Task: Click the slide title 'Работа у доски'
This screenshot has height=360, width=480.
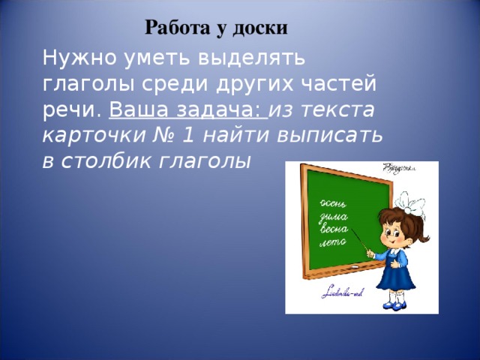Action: pyautogui.click(x=216, y=28)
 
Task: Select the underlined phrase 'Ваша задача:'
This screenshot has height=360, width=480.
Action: pyautogui.click(x=187, y=110)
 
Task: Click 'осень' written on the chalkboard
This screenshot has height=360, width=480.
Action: pyautogui.click(x=332, y=203)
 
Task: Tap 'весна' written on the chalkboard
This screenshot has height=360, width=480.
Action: pyautogui.click(x=334, y=230)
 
